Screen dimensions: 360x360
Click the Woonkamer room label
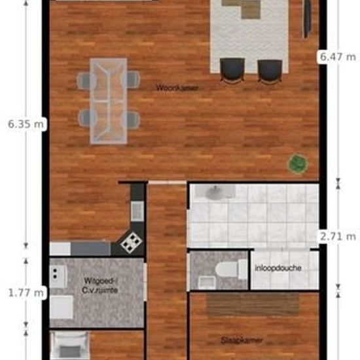click(x=177, y=87)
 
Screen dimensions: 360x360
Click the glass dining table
click(x=109, y=99)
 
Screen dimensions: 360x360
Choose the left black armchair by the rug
click(x=233, y=69)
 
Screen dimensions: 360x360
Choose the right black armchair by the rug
click(x=270, y=69)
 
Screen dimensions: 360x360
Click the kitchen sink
click(x=137, y=211)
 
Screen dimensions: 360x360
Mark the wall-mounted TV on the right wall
click(x=306, y=18)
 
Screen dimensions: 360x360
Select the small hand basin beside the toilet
click(x=206, y=281)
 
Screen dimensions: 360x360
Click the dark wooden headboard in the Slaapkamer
click(x=253, y=305)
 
